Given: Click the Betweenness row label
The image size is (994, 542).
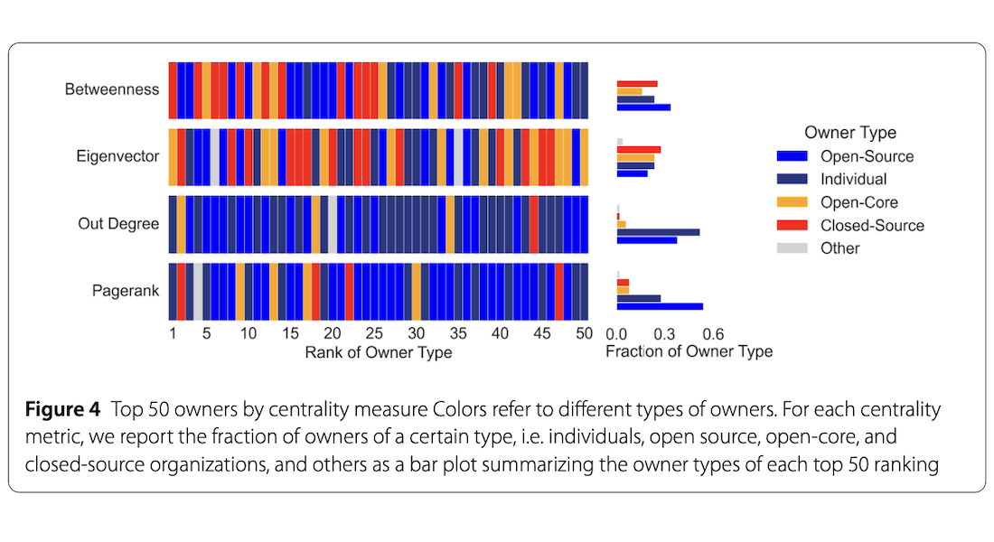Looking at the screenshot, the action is (111, 89).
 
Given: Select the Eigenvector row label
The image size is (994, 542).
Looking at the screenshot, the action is (117, 156).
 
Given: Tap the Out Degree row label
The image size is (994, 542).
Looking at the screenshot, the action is (118, 224).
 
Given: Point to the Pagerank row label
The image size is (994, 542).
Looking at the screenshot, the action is (126, 291).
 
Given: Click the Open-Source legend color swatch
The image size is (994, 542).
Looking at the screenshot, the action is (792, 156).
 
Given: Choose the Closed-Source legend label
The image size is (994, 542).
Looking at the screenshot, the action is (872, 226).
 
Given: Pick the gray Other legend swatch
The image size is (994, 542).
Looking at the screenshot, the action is (792, 248).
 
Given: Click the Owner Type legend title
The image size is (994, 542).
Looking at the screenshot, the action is (850, 133).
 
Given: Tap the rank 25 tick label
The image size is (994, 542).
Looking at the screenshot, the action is (374, 333).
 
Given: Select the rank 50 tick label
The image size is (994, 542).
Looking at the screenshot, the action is (584, 333).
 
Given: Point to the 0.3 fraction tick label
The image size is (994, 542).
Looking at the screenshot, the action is (664, 334).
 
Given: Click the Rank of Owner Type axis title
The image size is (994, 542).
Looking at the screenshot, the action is (379, 352).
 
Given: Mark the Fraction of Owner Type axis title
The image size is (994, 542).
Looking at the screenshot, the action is (689, 351).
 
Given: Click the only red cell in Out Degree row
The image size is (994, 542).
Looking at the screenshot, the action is (534, 224).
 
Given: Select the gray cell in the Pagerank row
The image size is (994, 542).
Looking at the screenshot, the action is (199, 292).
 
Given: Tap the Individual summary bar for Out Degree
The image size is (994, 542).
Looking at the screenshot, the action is (658, 232).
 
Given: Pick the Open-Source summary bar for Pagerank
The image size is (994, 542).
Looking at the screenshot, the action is (660, 307).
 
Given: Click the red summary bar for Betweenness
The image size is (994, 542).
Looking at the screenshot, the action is (637, 84).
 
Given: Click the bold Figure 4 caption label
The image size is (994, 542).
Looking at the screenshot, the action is (62, 409).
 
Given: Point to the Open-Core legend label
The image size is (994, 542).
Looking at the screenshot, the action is (859, 202).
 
